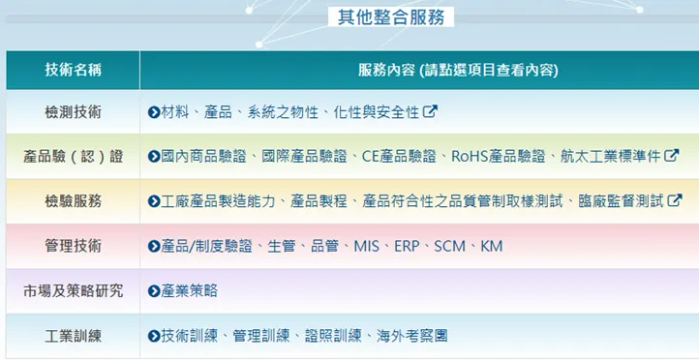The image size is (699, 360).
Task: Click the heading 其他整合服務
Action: point(391,16)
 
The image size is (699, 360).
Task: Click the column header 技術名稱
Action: point(73,70)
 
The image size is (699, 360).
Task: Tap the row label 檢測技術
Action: point(73,111)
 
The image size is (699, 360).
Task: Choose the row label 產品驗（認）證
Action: point(73,156)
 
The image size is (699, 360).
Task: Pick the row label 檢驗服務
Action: point(73,201)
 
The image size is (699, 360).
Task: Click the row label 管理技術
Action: point(73,246)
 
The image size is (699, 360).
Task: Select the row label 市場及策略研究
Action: point(73,290)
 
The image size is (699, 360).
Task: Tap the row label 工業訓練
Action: point(73,336)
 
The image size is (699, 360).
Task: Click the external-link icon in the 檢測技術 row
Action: point(431,111)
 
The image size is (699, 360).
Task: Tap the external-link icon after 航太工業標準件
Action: point(672,156)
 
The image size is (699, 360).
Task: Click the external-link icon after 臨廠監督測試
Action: point(675,201)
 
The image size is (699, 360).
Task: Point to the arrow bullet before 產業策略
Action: point(153,290)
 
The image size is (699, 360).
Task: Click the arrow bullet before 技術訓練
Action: point(153,336)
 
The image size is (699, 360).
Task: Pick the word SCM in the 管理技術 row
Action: point(450,246)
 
